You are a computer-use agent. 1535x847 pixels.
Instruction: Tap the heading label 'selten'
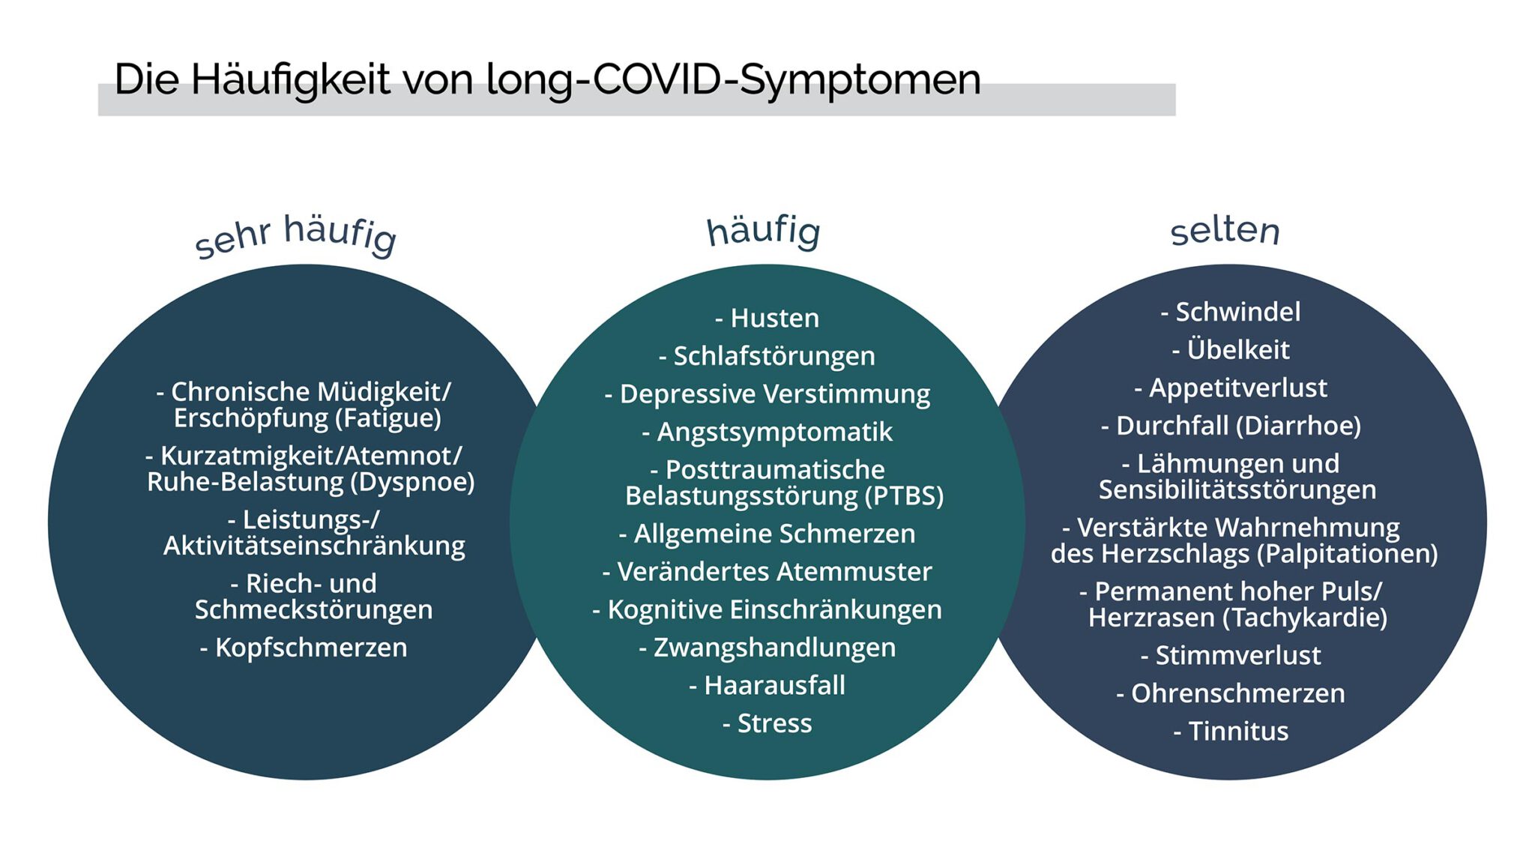coord(1225,230)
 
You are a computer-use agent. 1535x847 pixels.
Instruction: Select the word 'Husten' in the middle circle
coord(775,318)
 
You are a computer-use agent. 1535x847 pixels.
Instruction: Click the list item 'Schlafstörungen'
coord(774,357)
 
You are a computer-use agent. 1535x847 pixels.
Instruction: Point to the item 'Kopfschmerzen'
coord(311,648)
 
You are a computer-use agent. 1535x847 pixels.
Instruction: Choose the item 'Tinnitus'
coord(1238,731)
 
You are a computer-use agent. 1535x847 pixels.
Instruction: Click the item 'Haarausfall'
coord(775,685)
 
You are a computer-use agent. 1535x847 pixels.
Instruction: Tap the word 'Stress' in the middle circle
coord(775,723)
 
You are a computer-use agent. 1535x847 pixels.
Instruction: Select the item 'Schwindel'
coord(1238,312)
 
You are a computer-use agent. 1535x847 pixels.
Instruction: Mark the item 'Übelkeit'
coord(1238,349)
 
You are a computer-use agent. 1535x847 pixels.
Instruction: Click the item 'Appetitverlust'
coord(1238,388)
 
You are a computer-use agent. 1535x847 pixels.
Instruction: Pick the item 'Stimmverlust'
coord(1238,655)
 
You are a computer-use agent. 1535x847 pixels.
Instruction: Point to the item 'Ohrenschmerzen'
coord(1238,693)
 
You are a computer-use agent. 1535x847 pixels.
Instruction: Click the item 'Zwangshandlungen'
coord(775,648)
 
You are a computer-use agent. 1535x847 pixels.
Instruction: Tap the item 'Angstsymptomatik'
coord(775,432)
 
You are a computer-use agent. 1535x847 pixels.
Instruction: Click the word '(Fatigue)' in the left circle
coord(387,418)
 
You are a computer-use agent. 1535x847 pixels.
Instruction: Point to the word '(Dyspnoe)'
coord(412,482)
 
